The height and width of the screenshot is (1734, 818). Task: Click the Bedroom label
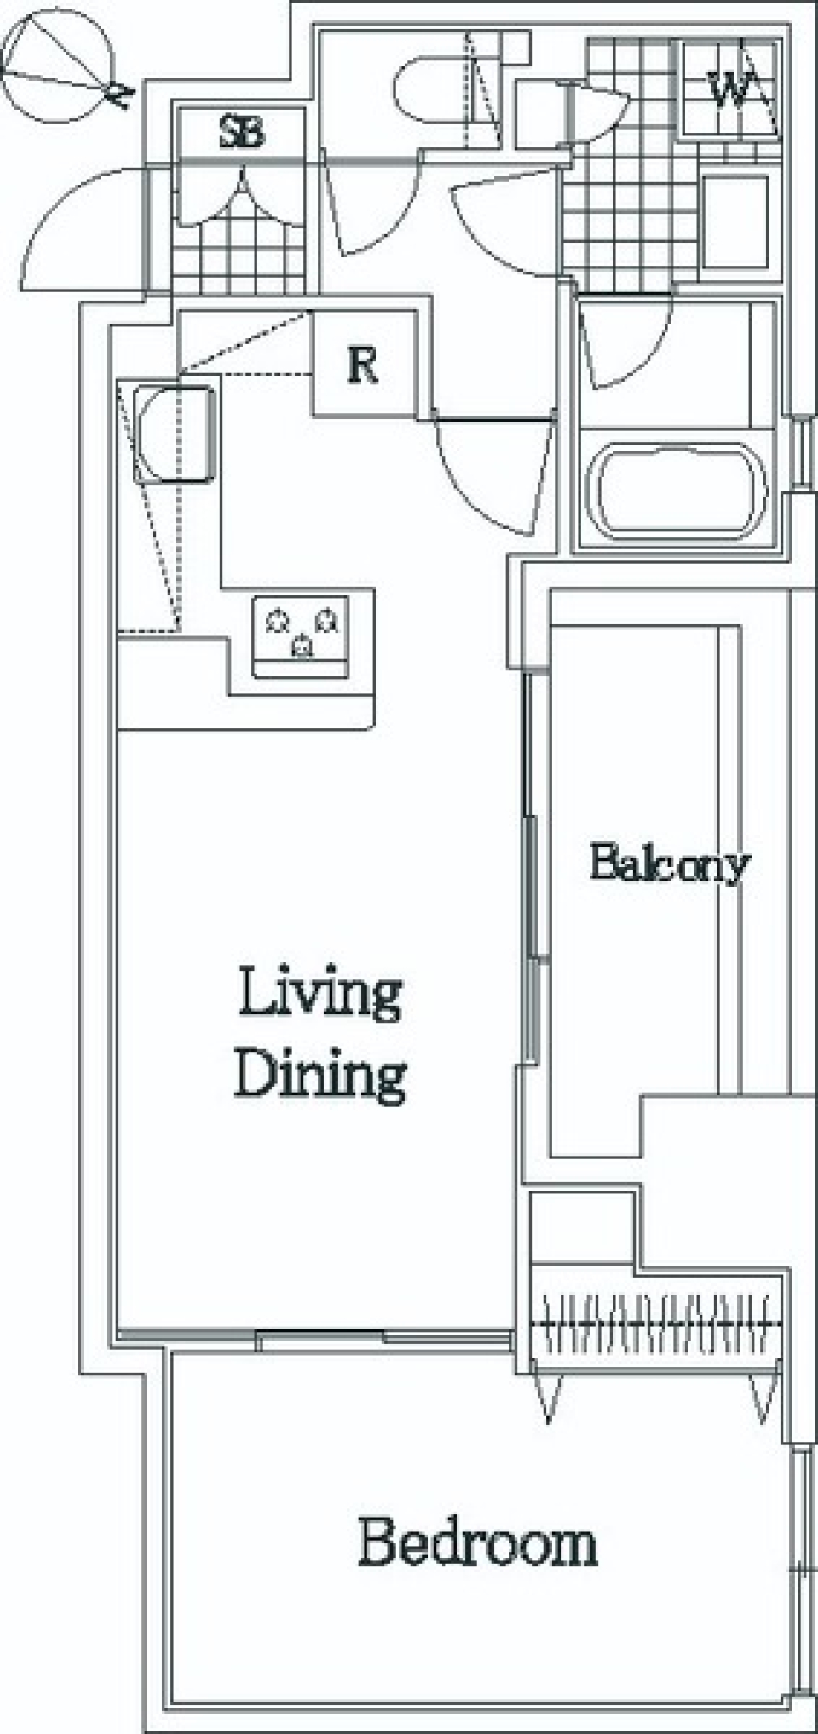(x=477, y=1542)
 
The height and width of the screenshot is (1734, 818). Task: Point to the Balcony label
(x=669, y=864)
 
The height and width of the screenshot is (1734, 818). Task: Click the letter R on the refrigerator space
(x=363, y=365)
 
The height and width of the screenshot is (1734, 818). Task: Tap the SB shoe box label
(x=243, y=133)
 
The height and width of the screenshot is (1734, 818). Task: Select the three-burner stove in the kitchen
(x=301, y=636)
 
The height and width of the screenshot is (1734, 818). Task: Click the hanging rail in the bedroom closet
(x=656, y=1324)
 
